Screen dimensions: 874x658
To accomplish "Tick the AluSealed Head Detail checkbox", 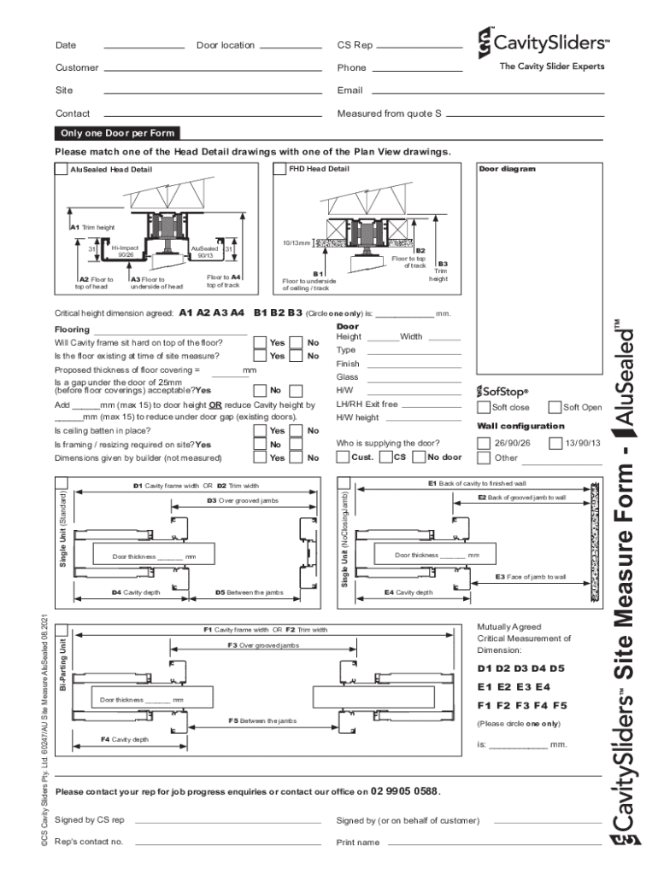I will coord(61,169).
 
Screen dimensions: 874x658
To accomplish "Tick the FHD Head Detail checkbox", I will coord(279,169).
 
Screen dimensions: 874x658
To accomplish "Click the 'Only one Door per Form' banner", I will coord(117,133).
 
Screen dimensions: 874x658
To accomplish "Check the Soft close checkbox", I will coord(484,407).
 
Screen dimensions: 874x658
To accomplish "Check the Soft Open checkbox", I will coord(555,407).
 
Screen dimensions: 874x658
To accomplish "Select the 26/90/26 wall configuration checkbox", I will coord(484,443).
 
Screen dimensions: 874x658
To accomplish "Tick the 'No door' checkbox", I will coord(420,457).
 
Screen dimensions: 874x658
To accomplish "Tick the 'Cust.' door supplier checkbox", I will coord(343,457).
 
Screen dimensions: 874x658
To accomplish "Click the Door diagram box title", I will coord(507,169).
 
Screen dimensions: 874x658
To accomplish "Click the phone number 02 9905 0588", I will coord(405,791).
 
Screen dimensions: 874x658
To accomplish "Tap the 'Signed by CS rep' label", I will coord(90,820).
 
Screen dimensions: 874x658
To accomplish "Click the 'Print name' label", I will coord(358,842).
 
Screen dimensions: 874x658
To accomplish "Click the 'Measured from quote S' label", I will coord(389,114).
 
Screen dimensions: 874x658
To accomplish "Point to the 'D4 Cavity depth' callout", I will coord(135,591).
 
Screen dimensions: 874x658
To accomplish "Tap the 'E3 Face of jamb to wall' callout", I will coord(531,577).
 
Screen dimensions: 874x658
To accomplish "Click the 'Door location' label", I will coord(226,45).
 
